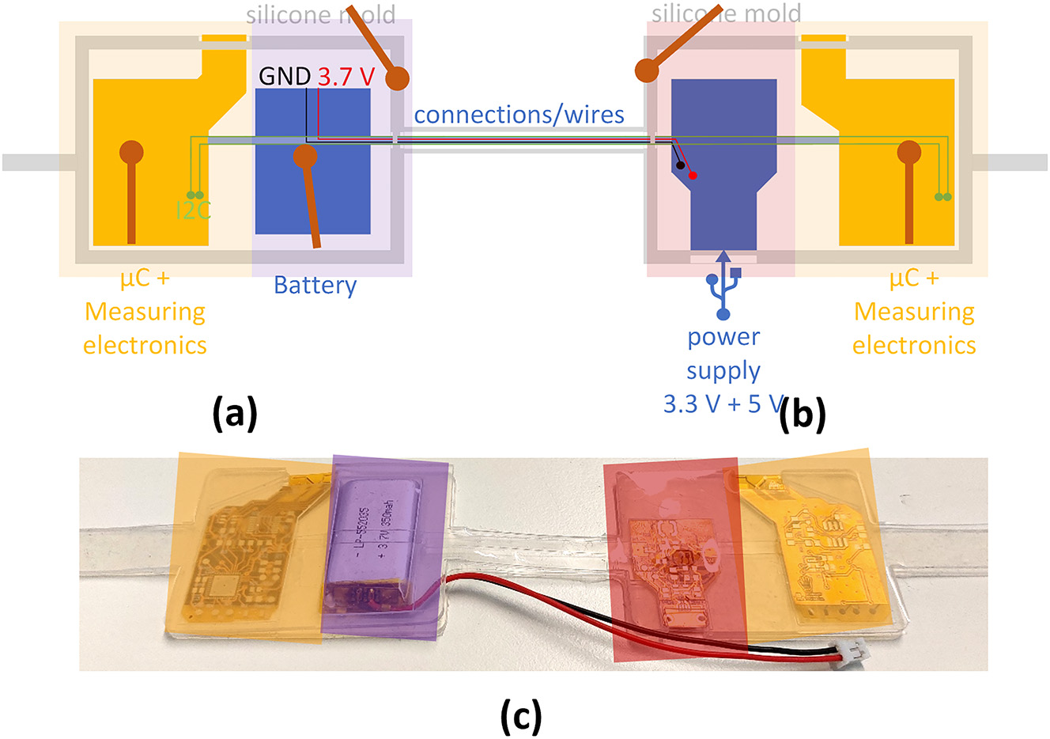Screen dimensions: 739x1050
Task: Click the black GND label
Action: [x=285, y=77]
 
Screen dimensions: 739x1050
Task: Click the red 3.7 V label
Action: [x=346, y=77]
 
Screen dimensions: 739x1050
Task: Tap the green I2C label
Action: [x=193, y=210]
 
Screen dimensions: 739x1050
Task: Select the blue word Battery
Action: [x=315, y=285]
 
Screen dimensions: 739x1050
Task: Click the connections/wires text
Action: [x=519, y=115]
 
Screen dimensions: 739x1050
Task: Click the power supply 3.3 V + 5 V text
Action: [x=723, y=370]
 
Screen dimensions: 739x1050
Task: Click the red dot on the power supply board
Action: [x=693, y=175]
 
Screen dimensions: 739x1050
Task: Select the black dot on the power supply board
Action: [x=680, y=165]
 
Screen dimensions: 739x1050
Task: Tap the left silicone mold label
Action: [x=320, y=14]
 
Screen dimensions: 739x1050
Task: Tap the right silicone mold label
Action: [x=726, y=13]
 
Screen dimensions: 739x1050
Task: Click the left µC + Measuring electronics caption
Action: [x=145, y=312]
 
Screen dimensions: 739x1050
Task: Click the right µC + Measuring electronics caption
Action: [x=914, y=312]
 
